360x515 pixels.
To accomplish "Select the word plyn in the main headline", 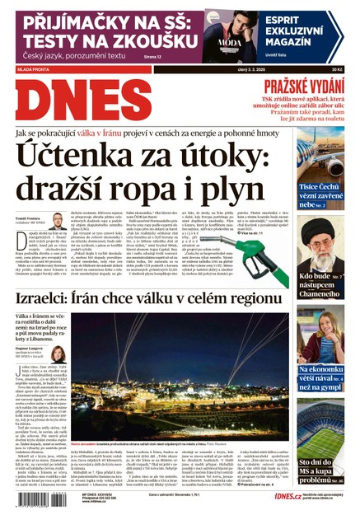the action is [x=257, y=195].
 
